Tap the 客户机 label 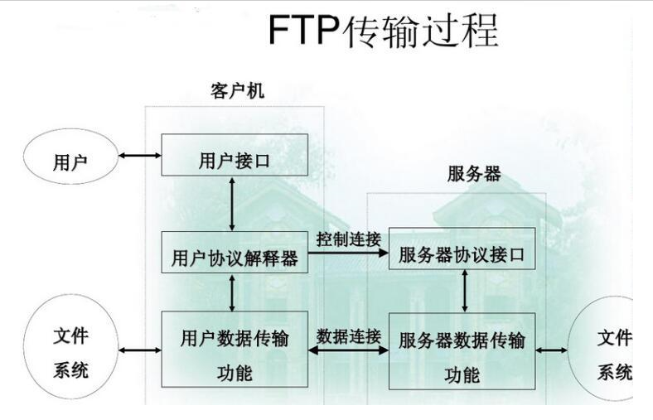point(237,91)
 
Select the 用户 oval point(70,159)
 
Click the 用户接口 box point(235,155)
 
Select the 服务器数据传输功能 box point(462,352)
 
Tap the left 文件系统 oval point(70,350)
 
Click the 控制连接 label point(348,238)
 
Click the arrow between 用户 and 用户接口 point(138,155)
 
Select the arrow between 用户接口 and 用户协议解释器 point(233,203)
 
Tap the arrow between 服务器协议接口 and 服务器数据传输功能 point(464,290)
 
